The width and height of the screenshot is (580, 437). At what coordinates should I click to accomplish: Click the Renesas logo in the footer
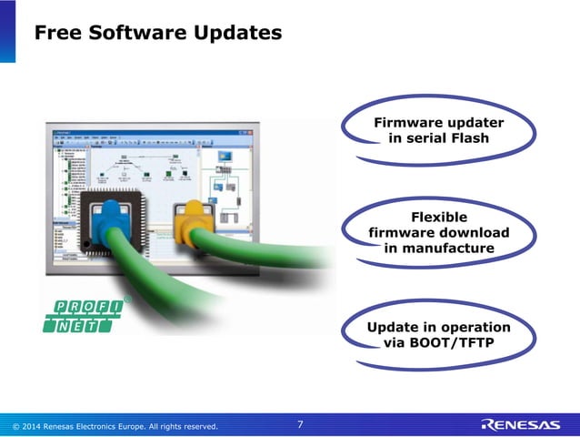[x=521, y=424]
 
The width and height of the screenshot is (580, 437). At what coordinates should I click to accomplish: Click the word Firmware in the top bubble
[x=408, y=123]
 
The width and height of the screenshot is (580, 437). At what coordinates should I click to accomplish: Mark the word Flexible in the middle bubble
[x=439, y=217]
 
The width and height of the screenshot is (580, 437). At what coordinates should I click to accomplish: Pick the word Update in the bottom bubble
[x=392, y=328]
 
